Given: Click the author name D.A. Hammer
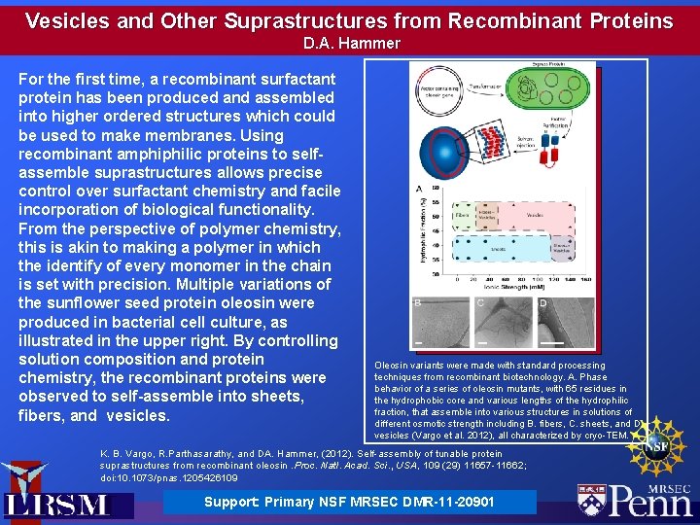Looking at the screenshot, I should click(351, 43).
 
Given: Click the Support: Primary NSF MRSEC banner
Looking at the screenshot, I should click(349, 502).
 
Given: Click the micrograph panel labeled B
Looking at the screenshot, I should click(439, 324).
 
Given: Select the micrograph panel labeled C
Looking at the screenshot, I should click(502, 324).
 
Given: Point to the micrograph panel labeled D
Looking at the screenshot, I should click(563, 324).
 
